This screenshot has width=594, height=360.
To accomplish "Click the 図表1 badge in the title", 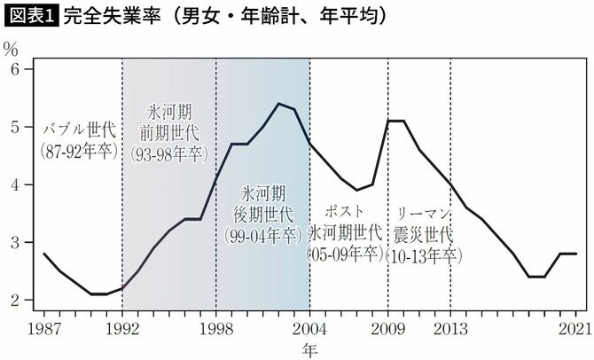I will coord(29,15).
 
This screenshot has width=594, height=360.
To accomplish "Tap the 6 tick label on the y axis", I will coord(15,69).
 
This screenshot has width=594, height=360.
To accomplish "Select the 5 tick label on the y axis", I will coord(15,127).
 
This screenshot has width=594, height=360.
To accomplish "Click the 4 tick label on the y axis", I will coord(15,184).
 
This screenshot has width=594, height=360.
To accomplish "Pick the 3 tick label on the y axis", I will coord(15,242).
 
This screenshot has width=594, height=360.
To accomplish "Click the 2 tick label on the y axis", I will coord(15,300).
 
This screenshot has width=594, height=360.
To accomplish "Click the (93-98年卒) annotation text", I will coord(170,153).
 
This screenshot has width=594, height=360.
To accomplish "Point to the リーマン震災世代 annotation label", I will coord(420,225).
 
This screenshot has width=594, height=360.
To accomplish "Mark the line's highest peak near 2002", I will coord(278,104).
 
